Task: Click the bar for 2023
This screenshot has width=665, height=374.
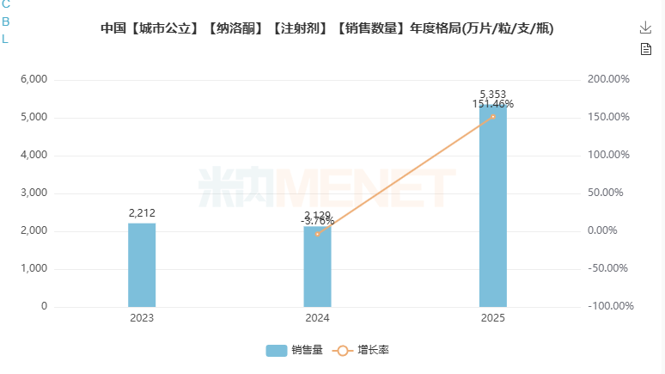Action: click(x=142, y=265)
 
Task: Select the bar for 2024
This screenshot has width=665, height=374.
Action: click(x=317, y=268)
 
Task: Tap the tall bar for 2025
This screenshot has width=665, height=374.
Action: click(x=492, y=206)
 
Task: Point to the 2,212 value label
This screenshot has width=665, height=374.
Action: click(x=142, y=213)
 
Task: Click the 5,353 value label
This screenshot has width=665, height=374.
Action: click(x=493, y=94)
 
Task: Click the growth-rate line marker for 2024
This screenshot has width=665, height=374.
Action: click(x=317, y=234)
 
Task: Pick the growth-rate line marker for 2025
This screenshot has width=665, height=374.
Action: click(x=493, y=117)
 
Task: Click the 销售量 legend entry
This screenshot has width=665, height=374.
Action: click(x=294, y=350)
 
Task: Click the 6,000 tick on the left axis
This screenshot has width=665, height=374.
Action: click(x=34, y=80)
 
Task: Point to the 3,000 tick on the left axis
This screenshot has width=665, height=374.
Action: click(x=34, y=193)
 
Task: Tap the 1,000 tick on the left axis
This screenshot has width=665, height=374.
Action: click(x=34, y=269)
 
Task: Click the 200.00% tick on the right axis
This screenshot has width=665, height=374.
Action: click(x=608, y=80)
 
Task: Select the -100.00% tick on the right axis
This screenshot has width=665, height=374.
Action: click(x=610, y=307)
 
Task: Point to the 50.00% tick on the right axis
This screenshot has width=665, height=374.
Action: click(x=611, y=193)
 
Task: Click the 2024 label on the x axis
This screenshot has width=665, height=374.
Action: click(x=317, y=319)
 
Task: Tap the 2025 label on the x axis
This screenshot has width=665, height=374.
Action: click(x=493, y=319)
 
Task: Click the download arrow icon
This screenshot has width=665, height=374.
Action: click(x=646, y=28)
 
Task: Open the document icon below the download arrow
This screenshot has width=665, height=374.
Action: click(x=646, y=49)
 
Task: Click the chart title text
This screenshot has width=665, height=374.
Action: click(x=327, y=28)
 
